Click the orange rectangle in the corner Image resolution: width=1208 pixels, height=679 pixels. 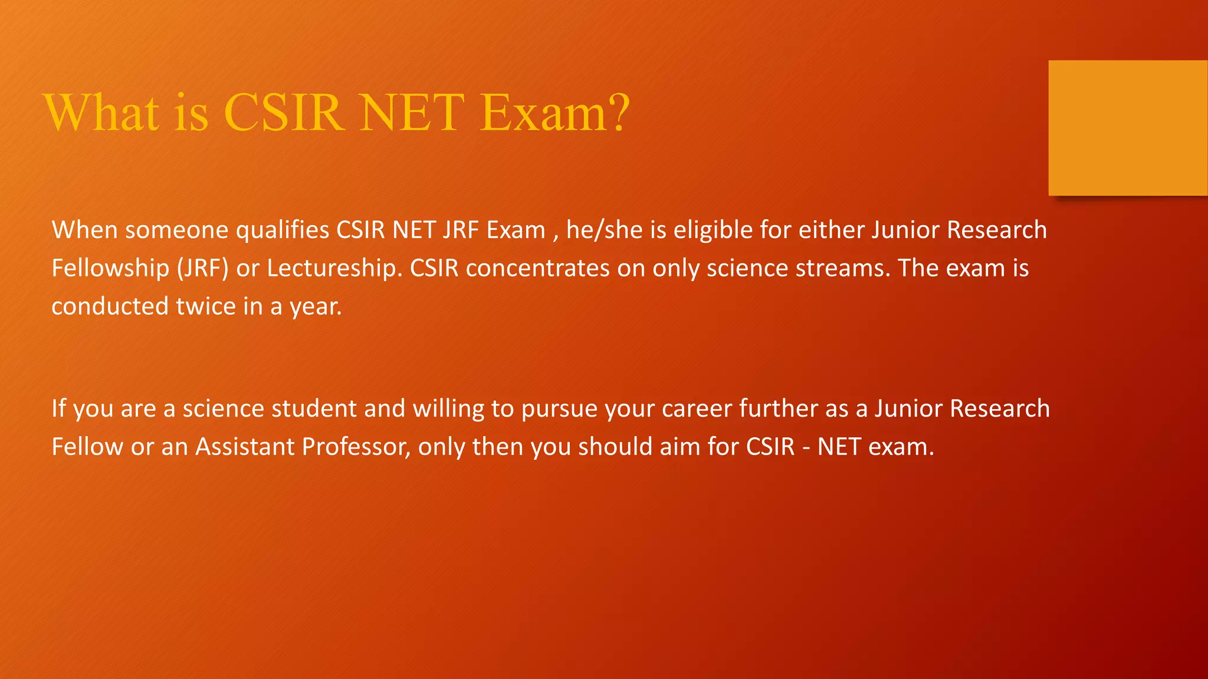(x=1128, y=128)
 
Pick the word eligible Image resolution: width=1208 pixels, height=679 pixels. (x=713, y=230)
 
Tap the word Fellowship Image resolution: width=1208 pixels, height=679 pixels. (x=110, y=268)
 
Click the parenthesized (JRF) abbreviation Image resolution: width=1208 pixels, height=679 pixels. (x=202, y=268)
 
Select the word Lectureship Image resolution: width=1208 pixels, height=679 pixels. (x=334, y=268)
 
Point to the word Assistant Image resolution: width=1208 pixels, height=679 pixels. (x=245, y=447)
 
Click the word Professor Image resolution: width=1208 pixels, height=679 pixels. (x=356, y=447)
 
